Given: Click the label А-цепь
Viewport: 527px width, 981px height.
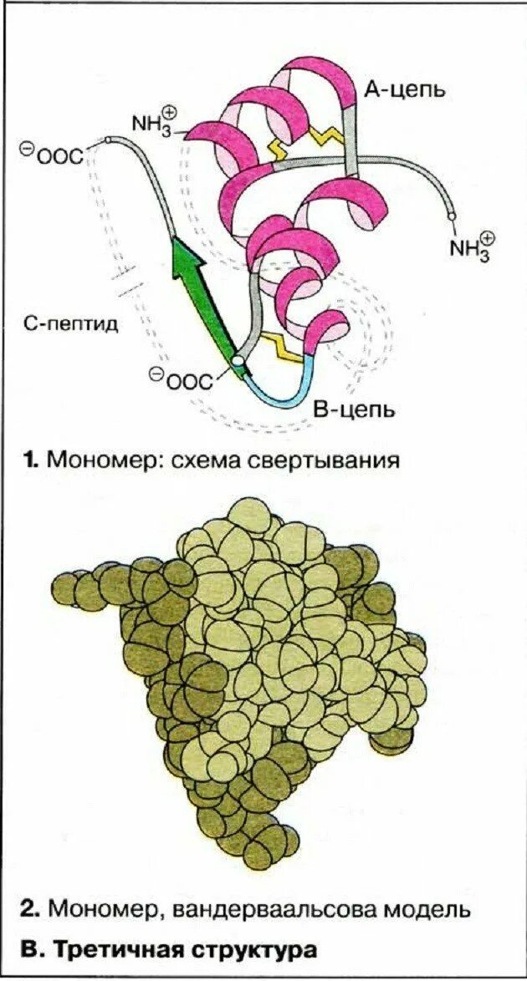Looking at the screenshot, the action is coord(403,89).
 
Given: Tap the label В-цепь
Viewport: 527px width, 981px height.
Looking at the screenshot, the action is coord(353,409).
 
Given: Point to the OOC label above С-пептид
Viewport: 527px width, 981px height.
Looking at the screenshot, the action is coord(51,154).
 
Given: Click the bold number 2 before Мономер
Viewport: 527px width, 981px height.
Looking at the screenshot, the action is coord(31,908).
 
